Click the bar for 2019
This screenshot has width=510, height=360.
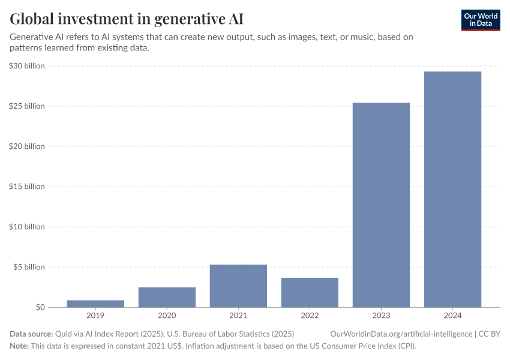point(95,304)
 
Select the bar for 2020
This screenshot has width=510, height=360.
point(167,297)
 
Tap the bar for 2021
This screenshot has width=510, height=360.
point(238,286)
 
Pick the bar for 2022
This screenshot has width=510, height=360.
point(310,292)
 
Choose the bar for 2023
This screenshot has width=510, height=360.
point(381,205)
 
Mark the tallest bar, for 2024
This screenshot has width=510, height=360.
point(452,189)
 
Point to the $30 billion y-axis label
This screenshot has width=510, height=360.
point(27,66)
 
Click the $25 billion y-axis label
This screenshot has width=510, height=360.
point(27,106)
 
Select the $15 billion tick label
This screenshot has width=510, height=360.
point(27,187)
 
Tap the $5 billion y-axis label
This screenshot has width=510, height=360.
point(29,267)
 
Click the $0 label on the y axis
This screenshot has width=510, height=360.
point(40,307)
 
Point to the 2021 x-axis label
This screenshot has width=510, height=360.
point(238,316)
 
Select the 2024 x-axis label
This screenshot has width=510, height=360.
point(452,316)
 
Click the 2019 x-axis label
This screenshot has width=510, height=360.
point(95,316)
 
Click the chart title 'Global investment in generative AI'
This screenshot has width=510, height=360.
point(127,19)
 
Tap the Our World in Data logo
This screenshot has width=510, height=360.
point(481,20)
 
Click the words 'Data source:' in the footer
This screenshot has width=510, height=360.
point(31,333)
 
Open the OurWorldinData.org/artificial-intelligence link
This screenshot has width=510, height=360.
point(401,333)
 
